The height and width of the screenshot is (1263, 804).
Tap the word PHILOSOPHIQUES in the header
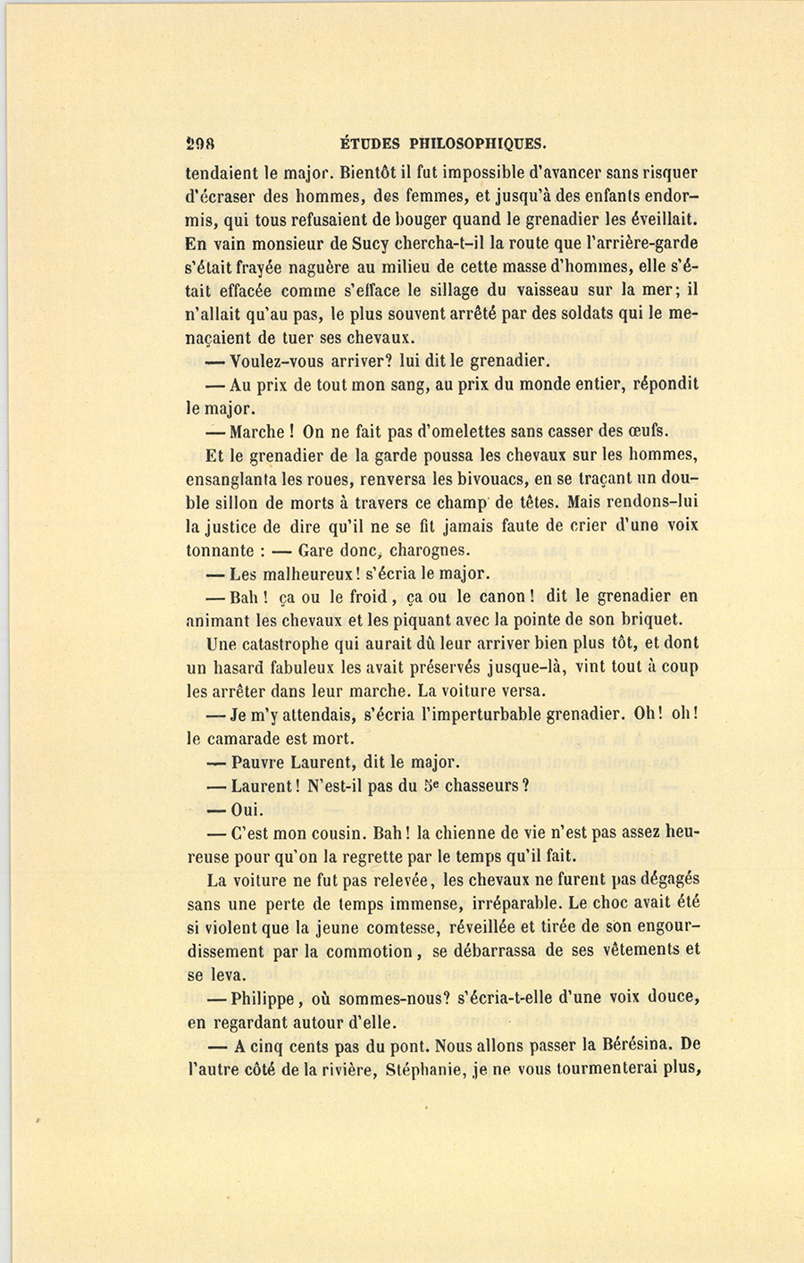(478, 143)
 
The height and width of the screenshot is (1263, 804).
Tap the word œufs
(648, 431)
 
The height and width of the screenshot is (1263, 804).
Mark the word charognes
(429, 550)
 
